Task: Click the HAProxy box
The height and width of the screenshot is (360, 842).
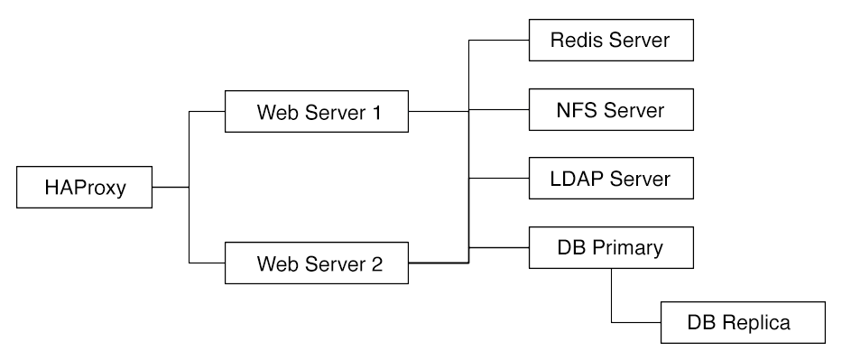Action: tap(85, 189)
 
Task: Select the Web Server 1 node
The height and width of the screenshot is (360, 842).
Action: tap(319, 114)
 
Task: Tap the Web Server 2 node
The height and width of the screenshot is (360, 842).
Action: tap(319, 264)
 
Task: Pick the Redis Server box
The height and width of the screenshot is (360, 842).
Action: tap(610, 42)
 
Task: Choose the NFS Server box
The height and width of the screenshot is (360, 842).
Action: tap(610, 110)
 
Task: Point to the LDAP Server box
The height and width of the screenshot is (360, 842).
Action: tap(610, 179)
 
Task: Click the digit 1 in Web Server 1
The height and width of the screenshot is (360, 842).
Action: tap(378, 114)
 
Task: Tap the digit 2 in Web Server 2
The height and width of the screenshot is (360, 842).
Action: tap(377, 264)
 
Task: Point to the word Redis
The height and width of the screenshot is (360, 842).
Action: tap(578, 42)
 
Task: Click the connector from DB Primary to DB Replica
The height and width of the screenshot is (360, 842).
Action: tap(613, 298)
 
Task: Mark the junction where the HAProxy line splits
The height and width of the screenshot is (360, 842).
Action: tap(189, 189)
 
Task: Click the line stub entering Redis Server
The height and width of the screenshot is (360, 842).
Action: tap(497, 42)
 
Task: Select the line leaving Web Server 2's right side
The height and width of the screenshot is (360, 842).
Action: tap(438, 263)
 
